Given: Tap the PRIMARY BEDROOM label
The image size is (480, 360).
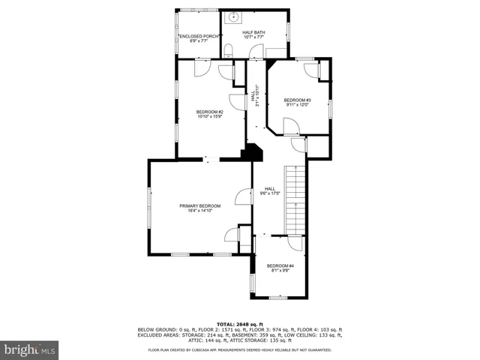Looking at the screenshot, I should point(199,205).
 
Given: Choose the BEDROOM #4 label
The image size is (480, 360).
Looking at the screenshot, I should point(280,265).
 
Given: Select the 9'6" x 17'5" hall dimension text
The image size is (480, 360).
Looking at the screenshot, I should point(269,193).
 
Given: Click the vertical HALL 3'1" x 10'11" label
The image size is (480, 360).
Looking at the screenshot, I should point(256,96).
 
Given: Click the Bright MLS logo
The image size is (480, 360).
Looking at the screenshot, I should point(29,349).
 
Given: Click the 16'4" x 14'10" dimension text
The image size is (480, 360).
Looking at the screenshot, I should point(199,211).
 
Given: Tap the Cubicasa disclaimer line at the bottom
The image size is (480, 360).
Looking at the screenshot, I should point(239,349).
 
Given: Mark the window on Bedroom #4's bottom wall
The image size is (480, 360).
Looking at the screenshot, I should point(279,297).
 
